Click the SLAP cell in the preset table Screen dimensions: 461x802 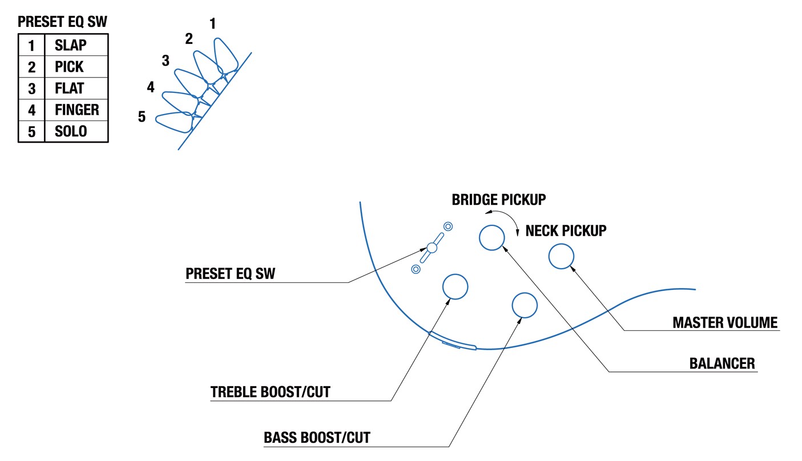click(x=71, y=45)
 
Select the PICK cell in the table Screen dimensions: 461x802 click(x=69, y=67)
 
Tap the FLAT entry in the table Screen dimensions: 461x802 click(x=69, y=88)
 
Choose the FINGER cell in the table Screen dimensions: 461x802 click(x=77, y=110)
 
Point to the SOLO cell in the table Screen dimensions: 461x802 click(x=71, y=131)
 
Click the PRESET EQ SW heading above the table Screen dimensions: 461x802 click(x=62, y=22)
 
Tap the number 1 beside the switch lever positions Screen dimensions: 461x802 click(x=213, y=24)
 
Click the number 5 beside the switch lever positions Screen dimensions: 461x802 click(x=142, y=117)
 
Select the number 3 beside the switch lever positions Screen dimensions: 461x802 click(x=166, y=60)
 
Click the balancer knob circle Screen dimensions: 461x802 click(x=491, y=237)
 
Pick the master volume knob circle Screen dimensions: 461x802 click(x=561, y=256)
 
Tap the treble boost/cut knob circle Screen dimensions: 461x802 click(x=456, y=286)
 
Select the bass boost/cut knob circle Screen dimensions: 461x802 click(x=524, y=305)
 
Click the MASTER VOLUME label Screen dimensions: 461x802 click(x=725, y=323)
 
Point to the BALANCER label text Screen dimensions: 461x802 click(x=722, y=363)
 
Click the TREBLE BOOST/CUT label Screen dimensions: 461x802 click(x=271, y=393)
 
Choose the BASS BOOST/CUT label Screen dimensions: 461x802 click(x=317, y=438)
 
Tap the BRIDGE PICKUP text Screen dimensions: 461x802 click(x=499, y=200)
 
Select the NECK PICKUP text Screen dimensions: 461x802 click(x=566, y=231)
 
